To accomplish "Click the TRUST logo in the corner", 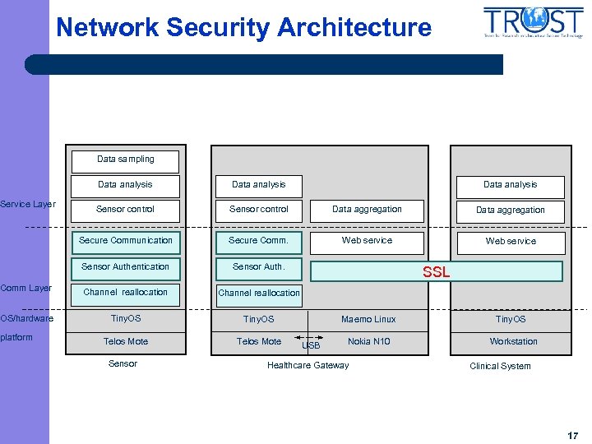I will click(533, 24).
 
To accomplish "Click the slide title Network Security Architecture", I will click(243, 27).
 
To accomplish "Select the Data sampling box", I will click(125, 160).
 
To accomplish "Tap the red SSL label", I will click(436, 272).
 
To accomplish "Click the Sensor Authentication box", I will click(125, 267).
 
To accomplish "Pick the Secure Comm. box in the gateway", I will click(258, 241).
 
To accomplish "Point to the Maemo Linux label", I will click(368, 319).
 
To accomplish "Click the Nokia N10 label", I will click(368, 341).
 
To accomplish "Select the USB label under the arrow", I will click(311, 346).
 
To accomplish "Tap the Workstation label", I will click(513, 341).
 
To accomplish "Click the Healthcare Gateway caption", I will click(308, 365).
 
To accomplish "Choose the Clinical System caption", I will click(500, 366).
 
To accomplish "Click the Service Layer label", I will click(28, 204).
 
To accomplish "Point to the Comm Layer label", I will click(26, 288).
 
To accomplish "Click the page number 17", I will click(572, 436).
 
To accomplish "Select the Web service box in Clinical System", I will click(511, 242).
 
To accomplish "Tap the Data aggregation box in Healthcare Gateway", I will click(367, 210).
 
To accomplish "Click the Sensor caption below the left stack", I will click(123, 363).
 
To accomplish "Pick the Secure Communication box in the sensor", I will click(125, 241).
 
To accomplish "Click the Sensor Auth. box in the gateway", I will click(258, 267).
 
